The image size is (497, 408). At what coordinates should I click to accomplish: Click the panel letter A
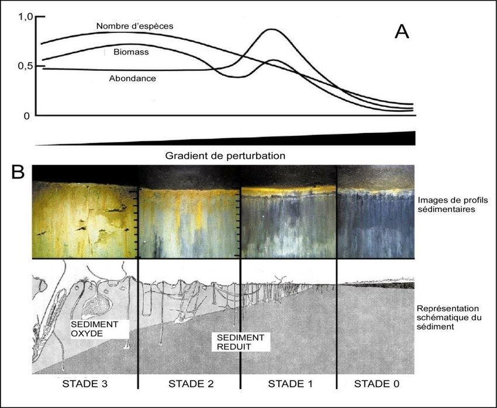point(402,32)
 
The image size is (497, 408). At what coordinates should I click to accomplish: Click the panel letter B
point(18,172)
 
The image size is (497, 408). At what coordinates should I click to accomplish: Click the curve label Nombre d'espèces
point(134,26)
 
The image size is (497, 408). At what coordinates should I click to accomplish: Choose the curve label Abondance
point(132,78)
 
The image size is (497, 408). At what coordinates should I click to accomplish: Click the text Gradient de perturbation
point(225,156)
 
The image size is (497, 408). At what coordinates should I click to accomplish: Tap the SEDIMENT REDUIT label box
point(240,342)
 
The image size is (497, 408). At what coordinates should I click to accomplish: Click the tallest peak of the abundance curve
point(272,29)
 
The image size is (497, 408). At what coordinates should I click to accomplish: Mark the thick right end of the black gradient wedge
point(412,138)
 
